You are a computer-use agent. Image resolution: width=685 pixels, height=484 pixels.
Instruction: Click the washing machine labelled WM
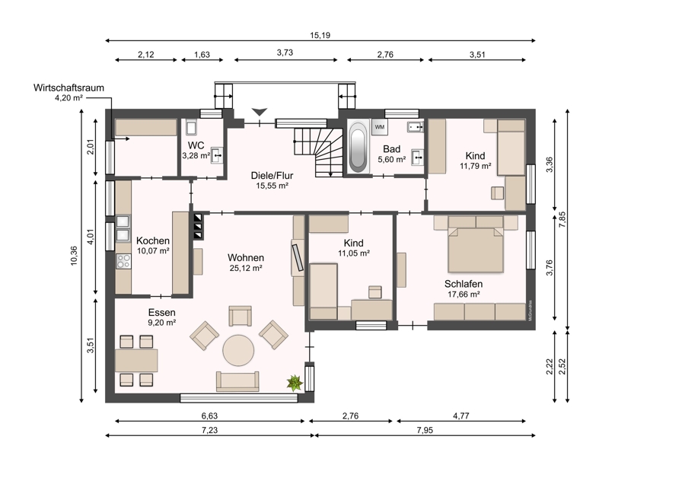pyautogui.click(x=379, y=126)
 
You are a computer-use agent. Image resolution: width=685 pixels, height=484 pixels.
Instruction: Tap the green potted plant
pyautogui.click(x=295, y=383)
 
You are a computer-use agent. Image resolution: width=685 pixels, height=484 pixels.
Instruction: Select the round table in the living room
pyautogui.click(x=238, y=350)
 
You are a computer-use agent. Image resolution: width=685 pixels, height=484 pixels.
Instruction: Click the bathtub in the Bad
pyautogui.click(x=358, y=146)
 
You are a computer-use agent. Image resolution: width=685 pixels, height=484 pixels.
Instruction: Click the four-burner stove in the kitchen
pyautogui.click(x=123, y=261)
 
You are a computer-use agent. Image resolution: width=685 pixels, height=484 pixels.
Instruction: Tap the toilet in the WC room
pyautogui.click(x=191, y=126)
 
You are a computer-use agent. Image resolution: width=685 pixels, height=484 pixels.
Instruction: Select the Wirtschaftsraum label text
pyautogui.click(x=68, y=88)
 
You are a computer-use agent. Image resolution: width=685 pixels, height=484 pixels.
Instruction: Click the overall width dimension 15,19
pyautogui.click(x=320, y=35)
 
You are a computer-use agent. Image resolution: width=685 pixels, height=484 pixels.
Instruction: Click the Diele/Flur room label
pyautogui.click(x=272, y=176)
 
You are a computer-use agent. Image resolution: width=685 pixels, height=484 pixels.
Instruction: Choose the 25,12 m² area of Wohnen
pyautogui.click(x=246, y=268)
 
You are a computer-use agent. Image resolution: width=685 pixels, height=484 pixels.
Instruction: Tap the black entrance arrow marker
pyautogui.click(x=260, y=112)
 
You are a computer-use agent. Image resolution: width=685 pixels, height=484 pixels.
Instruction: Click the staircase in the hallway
pyautogui.click(x=319, y=152)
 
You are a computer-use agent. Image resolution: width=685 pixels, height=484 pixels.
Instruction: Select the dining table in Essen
pyautogui.click(x=136, y=361)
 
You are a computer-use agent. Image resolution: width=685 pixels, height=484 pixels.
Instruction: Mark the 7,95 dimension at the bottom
pyautogui.click(x=425, y=430)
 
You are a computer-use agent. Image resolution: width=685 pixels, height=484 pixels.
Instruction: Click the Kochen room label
pyautogui.click(x=153, y=240)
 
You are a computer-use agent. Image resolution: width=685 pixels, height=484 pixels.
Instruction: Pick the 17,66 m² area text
pyautogui.click(x=464, y=295)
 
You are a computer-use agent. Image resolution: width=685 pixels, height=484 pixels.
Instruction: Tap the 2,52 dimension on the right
pyautogui.click(x=562, y=366)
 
